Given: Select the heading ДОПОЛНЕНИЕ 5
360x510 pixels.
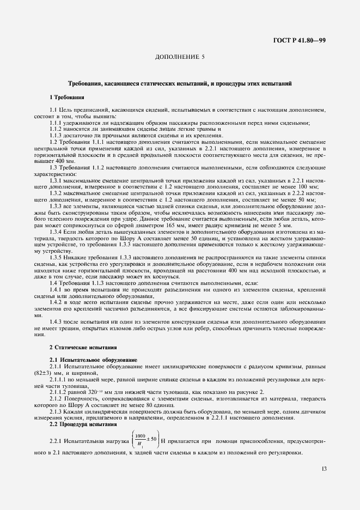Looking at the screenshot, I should click(180, 57).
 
